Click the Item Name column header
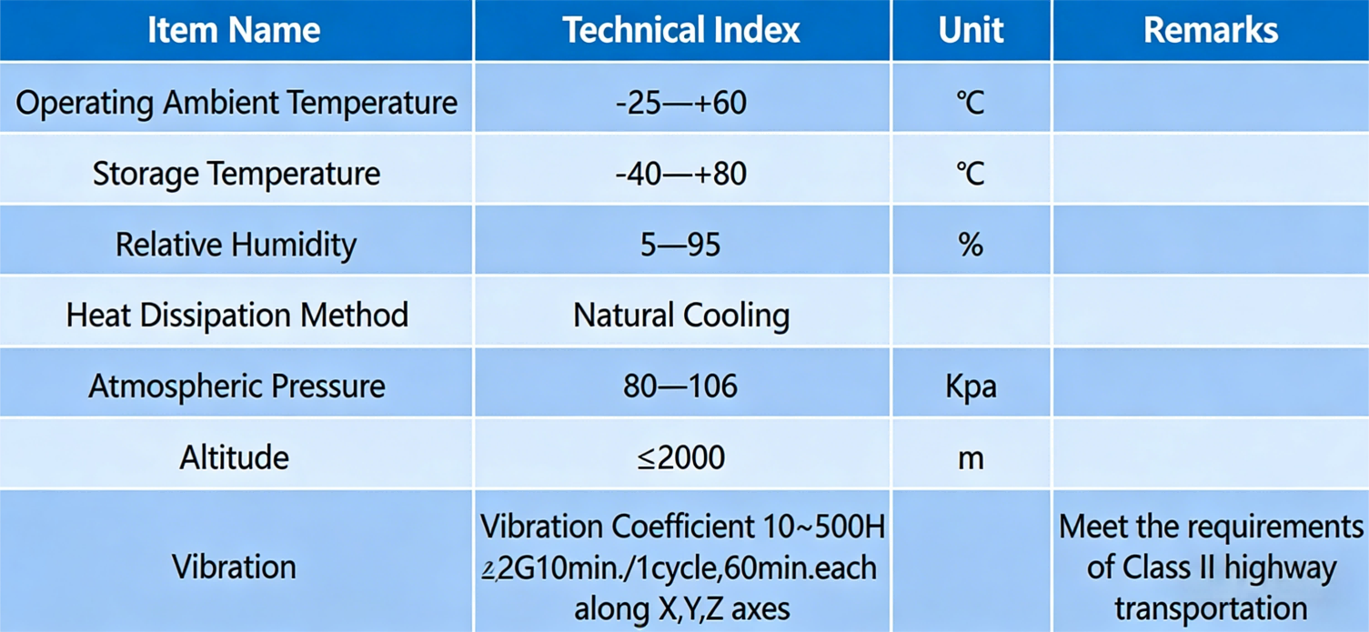point(234,30)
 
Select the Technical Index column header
point(681,30)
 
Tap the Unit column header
point(971,30)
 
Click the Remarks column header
point(1210,30)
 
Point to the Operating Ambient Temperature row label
point(237,102)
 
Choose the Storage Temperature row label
point(237,173)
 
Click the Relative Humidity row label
point(237,244)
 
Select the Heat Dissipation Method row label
point(237,315)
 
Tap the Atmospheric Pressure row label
point(237,386)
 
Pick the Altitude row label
point(235,456)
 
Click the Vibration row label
point(235,567)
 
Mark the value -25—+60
point(681,102)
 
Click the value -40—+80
point(681,173)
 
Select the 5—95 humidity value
point(681,244)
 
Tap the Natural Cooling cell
point(681,315)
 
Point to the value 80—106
point(681,386)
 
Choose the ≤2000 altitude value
point(681,456)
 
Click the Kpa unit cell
point(971,386)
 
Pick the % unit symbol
point(971,244)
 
